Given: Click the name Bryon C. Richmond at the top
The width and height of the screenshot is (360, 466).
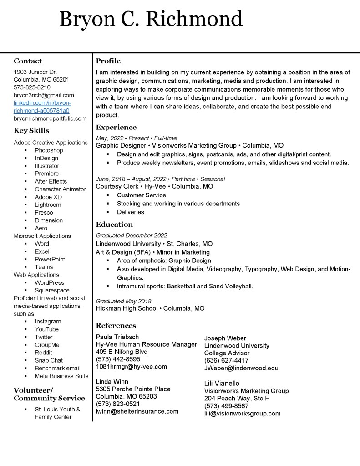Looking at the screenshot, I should (x=151, y=20).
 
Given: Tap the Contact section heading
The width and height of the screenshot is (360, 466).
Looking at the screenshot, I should (x=27, y=61).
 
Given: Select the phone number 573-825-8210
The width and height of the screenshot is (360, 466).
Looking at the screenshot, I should (x=32, y=87).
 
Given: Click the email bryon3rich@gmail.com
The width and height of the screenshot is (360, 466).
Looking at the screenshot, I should (x=44, y=95).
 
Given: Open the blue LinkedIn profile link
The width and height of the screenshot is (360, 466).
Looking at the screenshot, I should (x=42, y=107).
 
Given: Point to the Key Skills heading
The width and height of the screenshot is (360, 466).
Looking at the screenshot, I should (x=31, y=131).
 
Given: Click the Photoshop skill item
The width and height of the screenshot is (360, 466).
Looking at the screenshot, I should (x=49, y=150).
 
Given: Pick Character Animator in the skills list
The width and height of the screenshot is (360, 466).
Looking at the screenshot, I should (x=60, y=189).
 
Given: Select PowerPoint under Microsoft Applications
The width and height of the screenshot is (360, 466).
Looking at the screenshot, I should (x=50, y=259).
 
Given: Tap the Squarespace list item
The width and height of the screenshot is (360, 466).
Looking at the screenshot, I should (x=52, y=290).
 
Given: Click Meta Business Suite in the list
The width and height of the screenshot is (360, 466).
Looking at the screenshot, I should (x=61, y=376).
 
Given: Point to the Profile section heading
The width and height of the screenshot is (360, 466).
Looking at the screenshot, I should (x=108, y=61).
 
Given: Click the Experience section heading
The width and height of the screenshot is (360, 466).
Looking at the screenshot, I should (x=116, y=128).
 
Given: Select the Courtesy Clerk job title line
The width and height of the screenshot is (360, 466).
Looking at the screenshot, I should (x=154, y=186).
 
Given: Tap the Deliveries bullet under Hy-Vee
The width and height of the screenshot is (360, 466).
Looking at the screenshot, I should (x=130, y=212).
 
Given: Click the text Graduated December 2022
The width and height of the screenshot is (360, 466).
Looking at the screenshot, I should (x=132, y=236).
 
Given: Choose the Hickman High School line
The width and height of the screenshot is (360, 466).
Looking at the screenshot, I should (x=150, y=308).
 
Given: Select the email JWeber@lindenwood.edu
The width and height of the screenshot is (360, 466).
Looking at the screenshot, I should (x=241, y=368).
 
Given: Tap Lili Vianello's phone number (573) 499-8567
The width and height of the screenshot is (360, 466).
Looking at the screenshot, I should (x=226, y=406).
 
